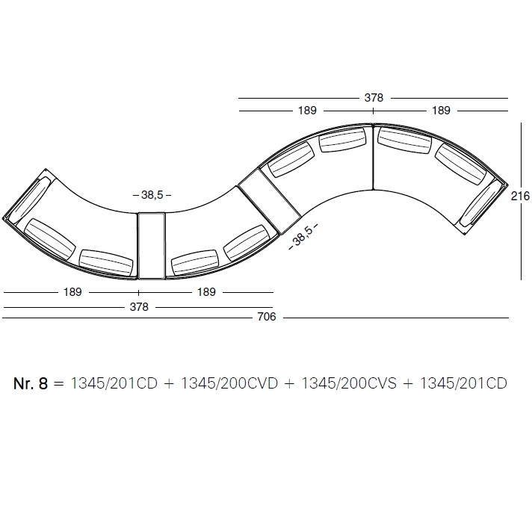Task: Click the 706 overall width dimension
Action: [x=267, y=317]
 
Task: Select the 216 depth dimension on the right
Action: [x=520, y=196]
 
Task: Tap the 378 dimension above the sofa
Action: [x=374, y=98]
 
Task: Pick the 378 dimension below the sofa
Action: [x=139, y=306]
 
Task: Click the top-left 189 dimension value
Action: [x=307, y=111]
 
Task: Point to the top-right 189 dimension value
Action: [x=441, y=111]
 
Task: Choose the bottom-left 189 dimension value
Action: [x=72, y=292]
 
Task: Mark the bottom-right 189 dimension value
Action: [x=207, y=292]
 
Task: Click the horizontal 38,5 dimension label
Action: [x=152, y=195]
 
